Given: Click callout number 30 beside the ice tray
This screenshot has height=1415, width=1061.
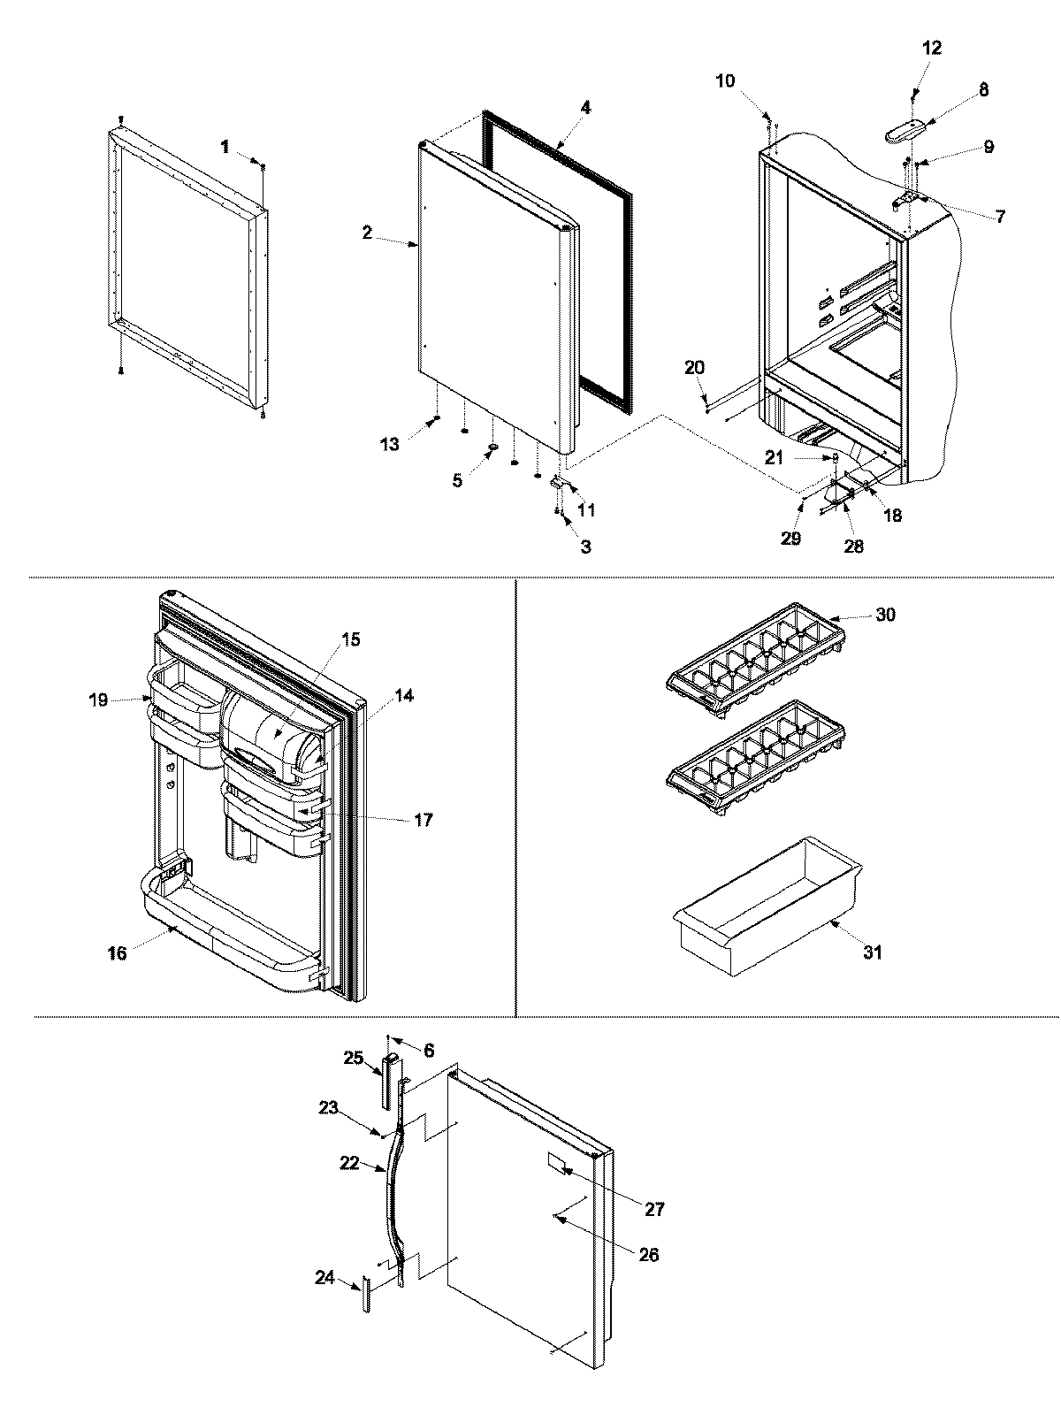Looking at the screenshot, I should coord(884,615).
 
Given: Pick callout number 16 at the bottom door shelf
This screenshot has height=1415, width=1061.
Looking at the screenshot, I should coord(117,952).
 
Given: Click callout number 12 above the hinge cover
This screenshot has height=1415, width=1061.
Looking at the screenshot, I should coord(932,47).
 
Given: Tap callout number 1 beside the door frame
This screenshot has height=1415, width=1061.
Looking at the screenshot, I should coord(225,146).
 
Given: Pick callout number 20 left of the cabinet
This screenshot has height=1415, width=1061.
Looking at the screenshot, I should coord(694,367).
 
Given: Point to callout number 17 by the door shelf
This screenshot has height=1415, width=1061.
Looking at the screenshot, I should coord(423,820).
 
